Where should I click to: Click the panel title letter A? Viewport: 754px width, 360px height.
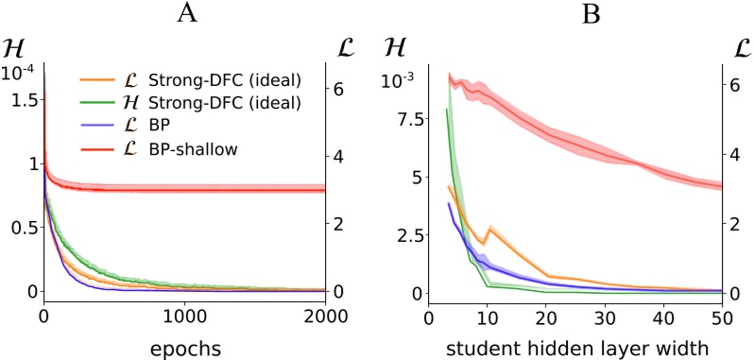[184, 11]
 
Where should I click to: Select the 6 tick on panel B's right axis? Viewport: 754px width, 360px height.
[733, 84]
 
